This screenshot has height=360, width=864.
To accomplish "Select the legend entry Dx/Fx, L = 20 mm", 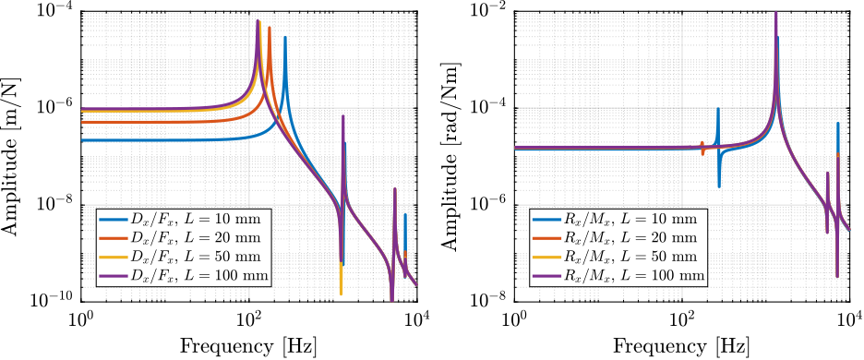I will pyautogui.click(x=180, y=238).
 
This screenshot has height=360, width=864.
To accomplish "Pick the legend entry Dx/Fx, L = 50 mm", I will pyautogui.click(x=180, y=257).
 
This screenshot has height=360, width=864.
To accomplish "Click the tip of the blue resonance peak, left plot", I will pyautogui.click(x=285, y=38).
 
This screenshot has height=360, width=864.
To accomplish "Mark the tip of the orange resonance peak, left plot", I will pyautogui.click(x=270, y=28).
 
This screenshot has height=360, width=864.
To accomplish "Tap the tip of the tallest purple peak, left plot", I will pyautogui.click(x=258, y=20).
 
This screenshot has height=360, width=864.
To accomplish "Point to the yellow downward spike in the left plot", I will pyautogui.click(x=341, y=292).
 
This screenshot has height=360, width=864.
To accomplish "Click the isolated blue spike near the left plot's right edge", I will pyautogui.click(x=405, y=216).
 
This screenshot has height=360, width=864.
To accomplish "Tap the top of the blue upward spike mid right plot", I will pyautogui.click(x=718, y=109).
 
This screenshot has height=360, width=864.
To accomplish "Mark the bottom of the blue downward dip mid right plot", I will pyautogui.click(x=719, y=186).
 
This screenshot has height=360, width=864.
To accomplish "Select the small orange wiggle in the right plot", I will pyautogui.click(x=702, y=148).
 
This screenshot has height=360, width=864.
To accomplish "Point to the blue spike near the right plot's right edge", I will pyautogui.click(x=838, y=124).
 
